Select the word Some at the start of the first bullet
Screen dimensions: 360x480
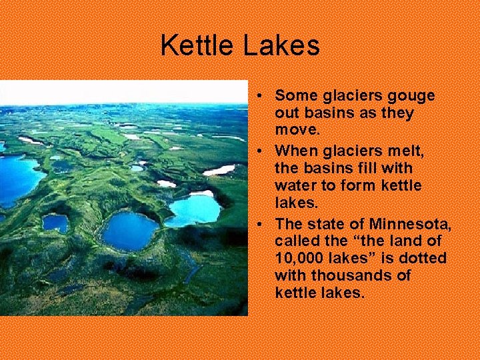tap(292, 95)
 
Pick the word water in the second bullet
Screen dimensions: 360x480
tap(294, 185)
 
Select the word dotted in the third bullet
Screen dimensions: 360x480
tap(425, 258)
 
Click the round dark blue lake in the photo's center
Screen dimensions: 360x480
tap(130, 230)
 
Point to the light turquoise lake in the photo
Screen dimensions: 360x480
tap(195, 209)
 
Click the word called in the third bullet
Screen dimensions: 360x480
tap(297, 240)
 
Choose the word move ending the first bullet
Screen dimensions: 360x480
tap(297, 131)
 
